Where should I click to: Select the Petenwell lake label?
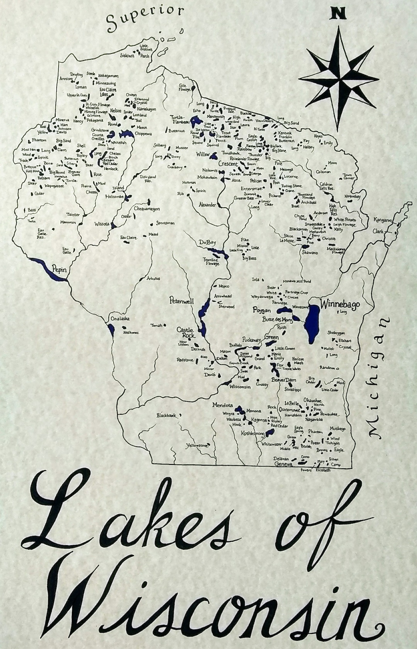(181, 300)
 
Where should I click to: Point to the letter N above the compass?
(338, 14)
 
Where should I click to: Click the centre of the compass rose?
(339, 78)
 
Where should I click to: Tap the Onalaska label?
(120, 319)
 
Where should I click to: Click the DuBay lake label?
(207, 242)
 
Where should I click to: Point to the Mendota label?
(222, 405)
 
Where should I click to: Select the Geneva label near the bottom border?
(283, 464)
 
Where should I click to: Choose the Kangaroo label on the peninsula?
(383, 220)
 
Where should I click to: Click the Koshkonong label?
(253, 434)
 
